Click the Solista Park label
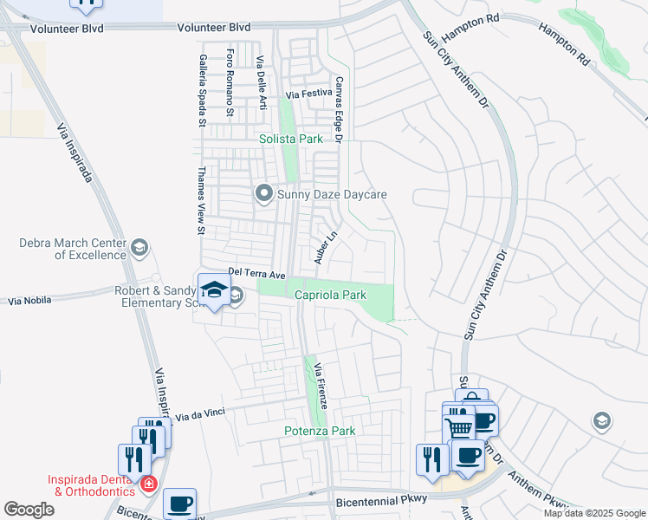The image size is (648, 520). pos(291,139)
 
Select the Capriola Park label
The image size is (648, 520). pos(331,295)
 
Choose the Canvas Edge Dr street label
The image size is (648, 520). pos(340,108)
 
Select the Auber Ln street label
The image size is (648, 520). pos(324,248)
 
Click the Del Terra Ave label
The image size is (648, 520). pos(256,273)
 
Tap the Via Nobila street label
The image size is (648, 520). pos(29,301)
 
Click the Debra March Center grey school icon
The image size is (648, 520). pos(139,250)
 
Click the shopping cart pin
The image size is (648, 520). pos(457,426)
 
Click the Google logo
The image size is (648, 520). pos(29,510)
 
